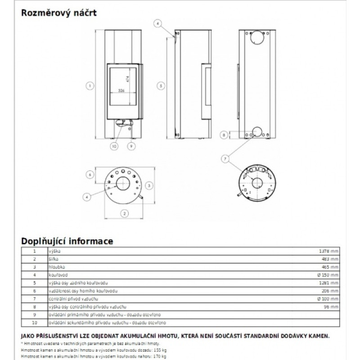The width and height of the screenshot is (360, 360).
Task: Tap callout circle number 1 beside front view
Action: (x=90, y=84)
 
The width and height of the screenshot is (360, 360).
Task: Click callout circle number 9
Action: (x=131, y=146)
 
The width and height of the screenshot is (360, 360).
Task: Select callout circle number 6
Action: (x=90, y=174)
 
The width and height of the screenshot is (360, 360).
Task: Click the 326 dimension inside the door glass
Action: (x=121, y=91)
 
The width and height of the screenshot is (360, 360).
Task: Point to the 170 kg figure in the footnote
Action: (x=158, y=356)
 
